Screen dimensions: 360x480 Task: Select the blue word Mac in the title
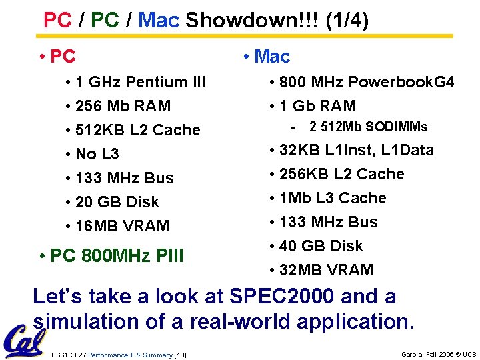(159, 20)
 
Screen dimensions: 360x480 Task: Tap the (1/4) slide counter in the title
(347, 20)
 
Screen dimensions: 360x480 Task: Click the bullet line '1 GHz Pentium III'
(140, 82)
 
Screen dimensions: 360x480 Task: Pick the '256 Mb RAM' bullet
(123, 106)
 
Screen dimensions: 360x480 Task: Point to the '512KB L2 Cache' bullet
(137, 130)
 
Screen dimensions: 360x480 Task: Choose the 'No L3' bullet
(97, 154)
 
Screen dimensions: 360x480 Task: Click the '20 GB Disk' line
(117, 202)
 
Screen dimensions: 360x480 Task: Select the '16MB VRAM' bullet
(123, 226)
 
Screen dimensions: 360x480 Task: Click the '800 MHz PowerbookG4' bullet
(366, 82)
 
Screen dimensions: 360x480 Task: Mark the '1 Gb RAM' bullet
(317, 106)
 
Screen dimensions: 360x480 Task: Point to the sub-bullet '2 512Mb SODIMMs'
(368, 127)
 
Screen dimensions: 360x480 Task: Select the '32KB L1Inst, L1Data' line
(356, 150)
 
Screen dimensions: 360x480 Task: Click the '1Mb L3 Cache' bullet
(333, 198)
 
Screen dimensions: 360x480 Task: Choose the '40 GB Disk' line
(321, 246)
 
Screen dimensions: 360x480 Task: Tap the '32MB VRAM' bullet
(326, 270)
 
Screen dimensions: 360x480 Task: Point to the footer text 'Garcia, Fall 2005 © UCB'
(439, 355)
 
